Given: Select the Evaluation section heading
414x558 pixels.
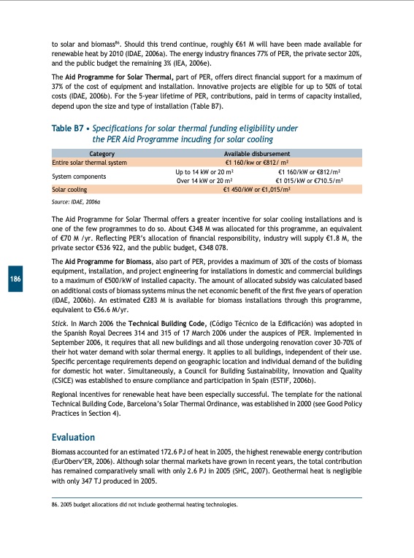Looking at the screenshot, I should pos(73,437).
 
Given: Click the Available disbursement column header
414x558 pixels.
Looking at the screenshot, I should pos(258,154).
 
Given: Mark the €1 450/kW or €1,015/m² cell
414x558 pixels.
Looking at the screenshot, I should pos(258,188).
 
